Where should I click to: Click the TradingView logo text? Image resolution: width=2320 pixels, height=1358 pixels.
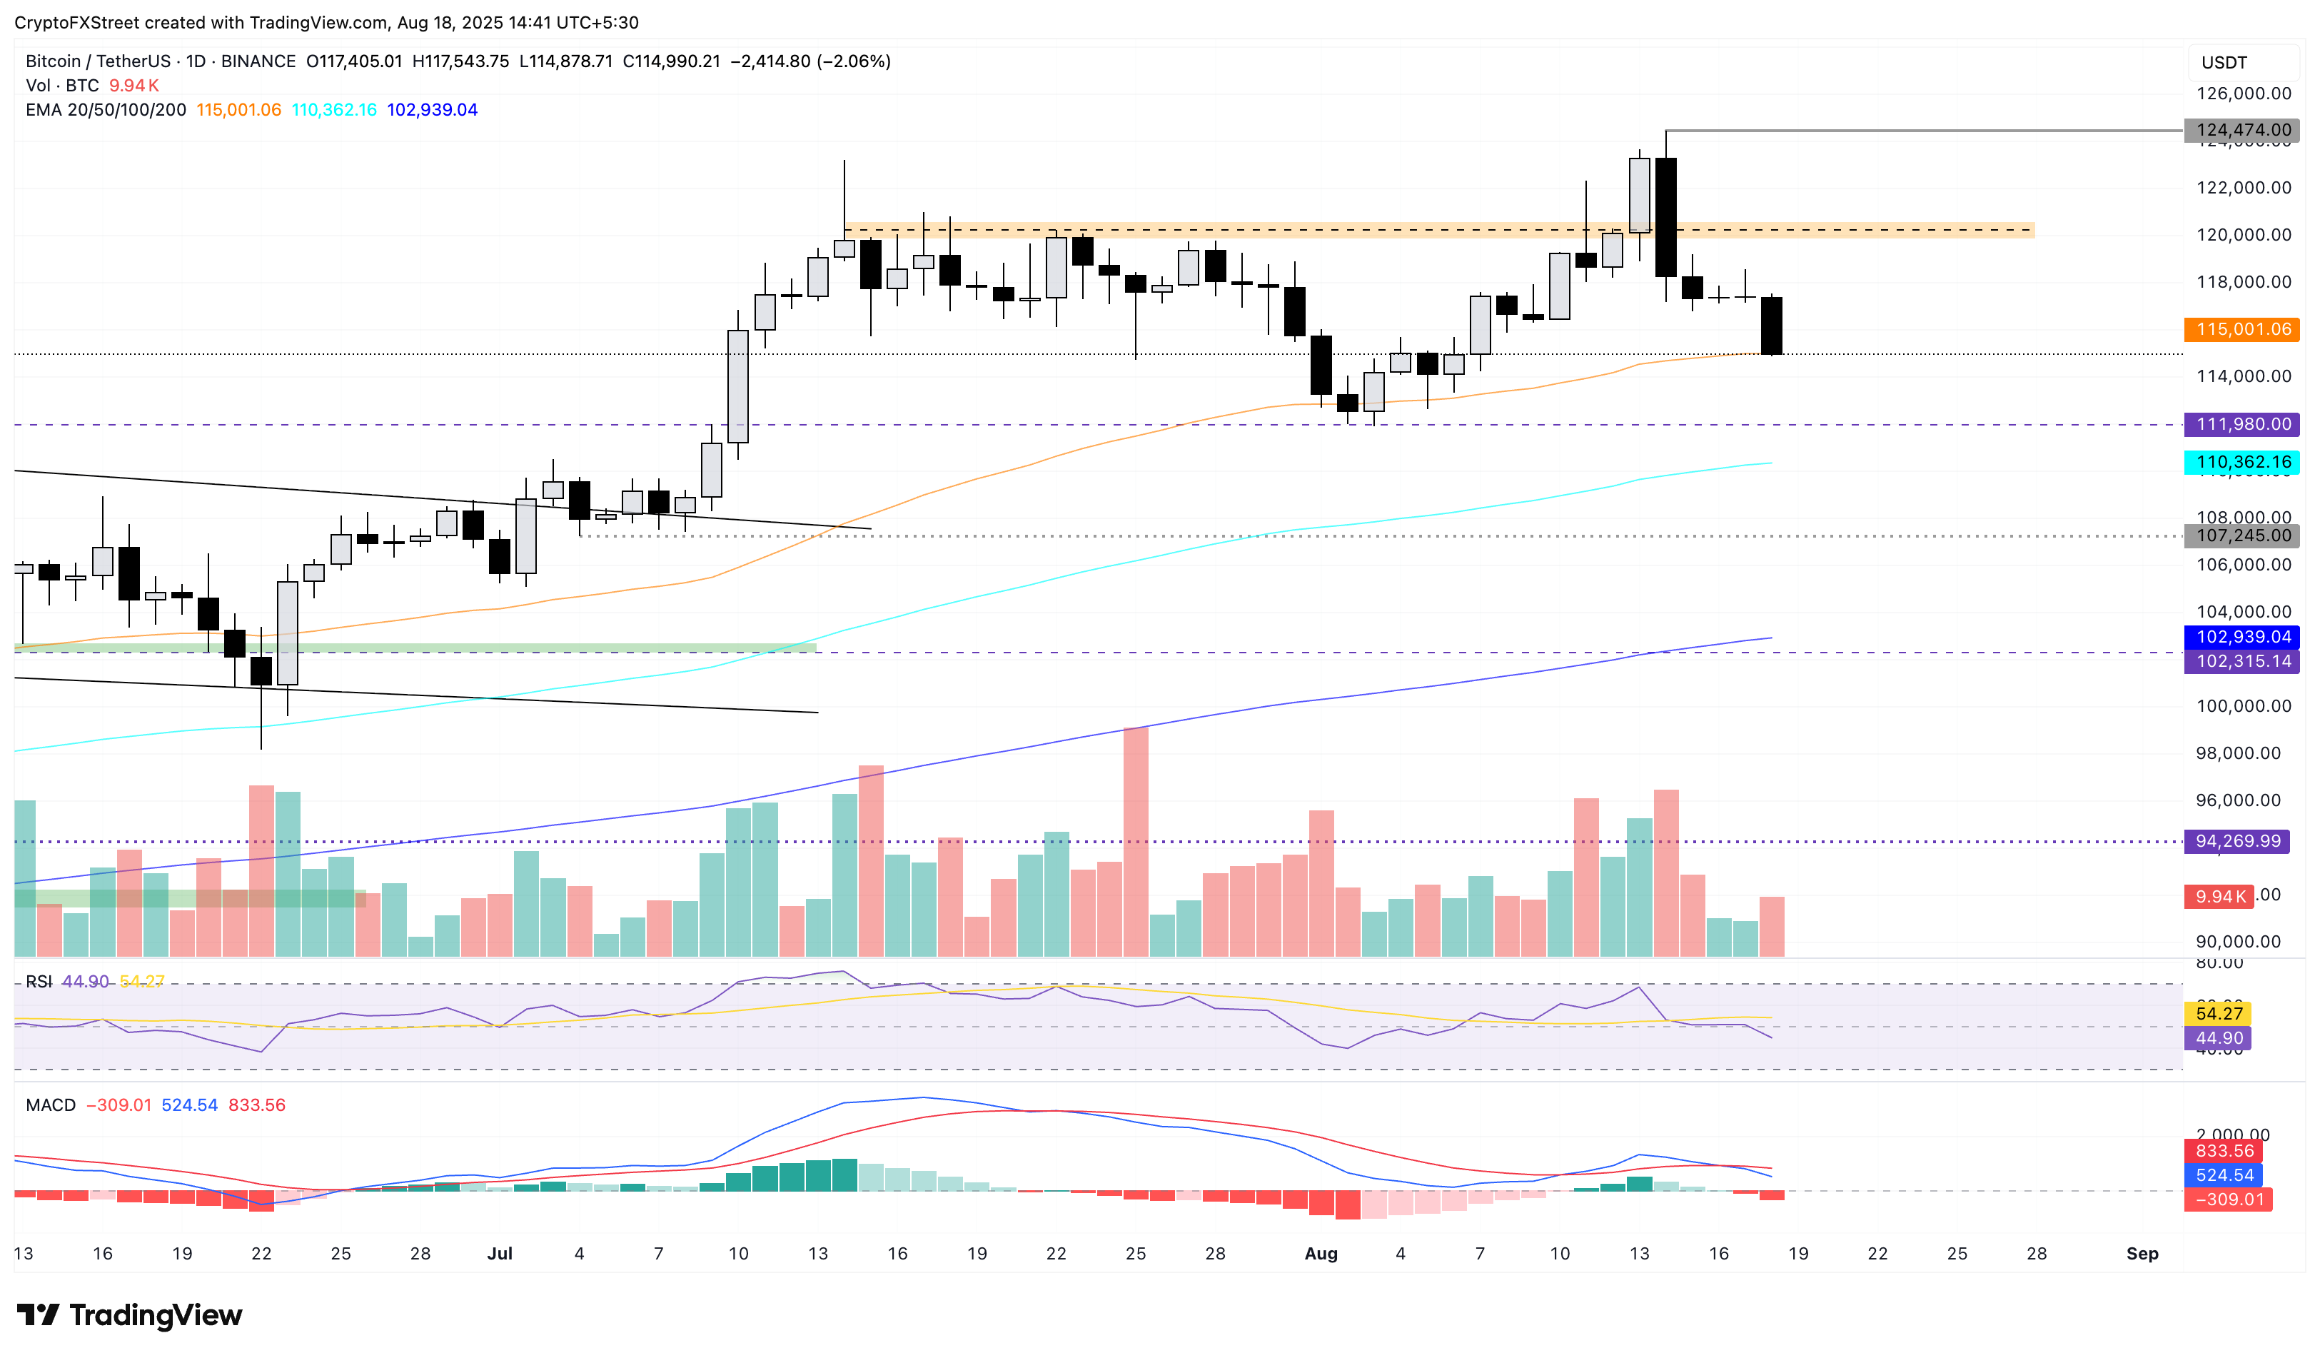click(x=155, y=1316)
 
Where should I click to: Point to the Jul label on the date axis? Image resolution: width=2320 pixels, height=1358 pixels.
click(x=499, y=1254)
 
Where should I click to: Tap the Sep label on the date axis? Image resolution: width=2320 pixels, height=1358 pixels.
click(x=2142, y=1254)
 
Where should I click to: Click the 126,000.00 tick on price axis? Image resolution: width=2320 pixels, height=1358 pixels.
click(x=2243, y=93)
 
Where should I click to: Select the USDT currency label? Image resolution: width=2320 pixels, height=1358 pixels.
click(x=2224, y=63)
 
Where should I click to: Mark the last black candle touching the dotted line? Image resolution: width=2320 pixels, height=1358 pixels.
click(x=1770, y=325)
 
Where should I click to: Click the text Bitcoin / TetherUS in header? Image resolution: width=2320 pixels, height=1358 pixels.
click(x=98, y=61)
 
